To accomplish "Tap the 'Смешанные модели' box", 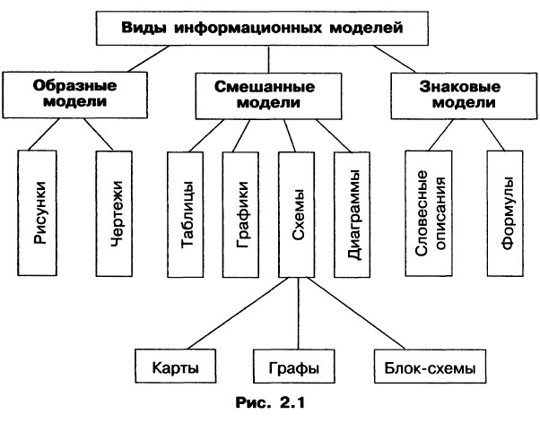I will click(266, 95).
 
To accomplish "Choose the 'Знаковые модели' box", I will click(459, 95).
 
